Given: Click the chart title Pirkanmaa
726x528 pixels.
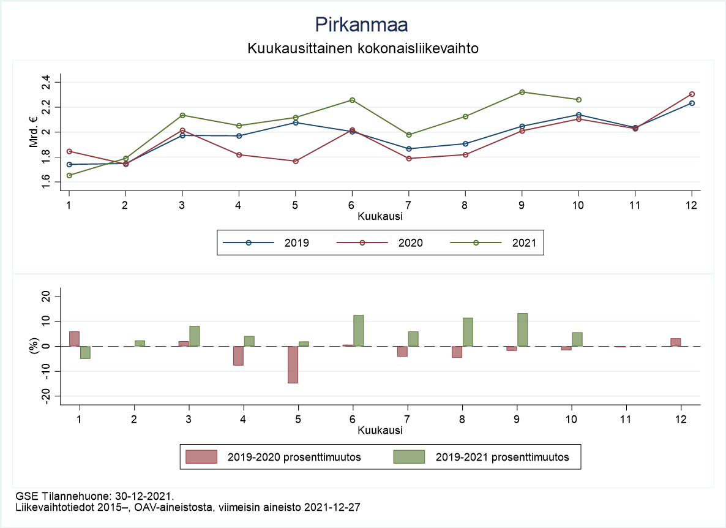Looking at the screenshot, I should click(x=362, y=25).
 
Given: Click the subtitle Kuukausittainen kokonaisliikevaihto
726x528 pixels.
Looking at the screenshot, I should click(x=362, y=48).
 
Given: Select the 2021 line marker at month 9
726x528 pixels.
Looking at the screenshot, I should click(x=522, y=92).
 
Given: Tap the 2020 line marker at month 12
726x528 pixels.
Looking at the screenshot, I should click(x=692, y=94).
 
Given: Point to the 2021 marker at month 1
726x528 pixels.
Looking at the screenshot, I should click(x=69, y=175).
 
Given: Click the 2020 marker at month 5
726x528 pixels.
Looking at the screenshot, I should click(x=296, y=161).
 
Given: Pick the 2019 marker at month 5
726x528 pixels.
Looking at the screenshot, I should click(x=296, y=123).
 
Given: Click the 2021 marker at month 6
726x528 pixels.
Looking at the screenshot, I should click(x=352, y=100).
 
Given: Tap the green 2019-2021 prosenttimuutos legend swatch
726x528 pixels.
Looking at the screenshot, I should click(x=409, y=457).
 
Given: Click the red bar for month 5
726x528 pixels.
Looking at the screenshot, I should click(x=293, y=364).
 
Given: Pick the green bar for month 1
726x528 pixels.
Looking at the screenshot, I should click(x=85, y=352).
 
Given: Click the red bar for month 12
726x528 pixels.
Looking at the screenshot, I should click(x=675, y=342).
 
